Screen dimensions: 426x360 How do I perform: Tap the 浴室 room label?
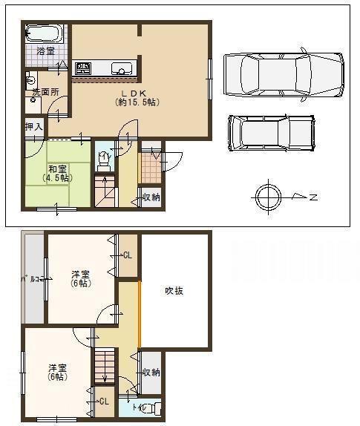[x=45, y=51]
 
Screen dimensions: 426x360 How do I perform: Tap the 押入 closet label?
[x=34, y=127]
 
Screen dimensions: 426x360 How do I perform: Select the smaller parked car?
[x=271, y=132]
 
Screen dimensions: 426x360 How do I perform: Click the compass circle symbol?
[x=268, y=197]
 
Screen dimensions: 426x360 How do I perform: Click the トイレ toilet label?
[x=138, y=407]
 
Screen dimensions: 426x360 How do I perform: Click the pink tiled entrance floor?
[x=151, y=170]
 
